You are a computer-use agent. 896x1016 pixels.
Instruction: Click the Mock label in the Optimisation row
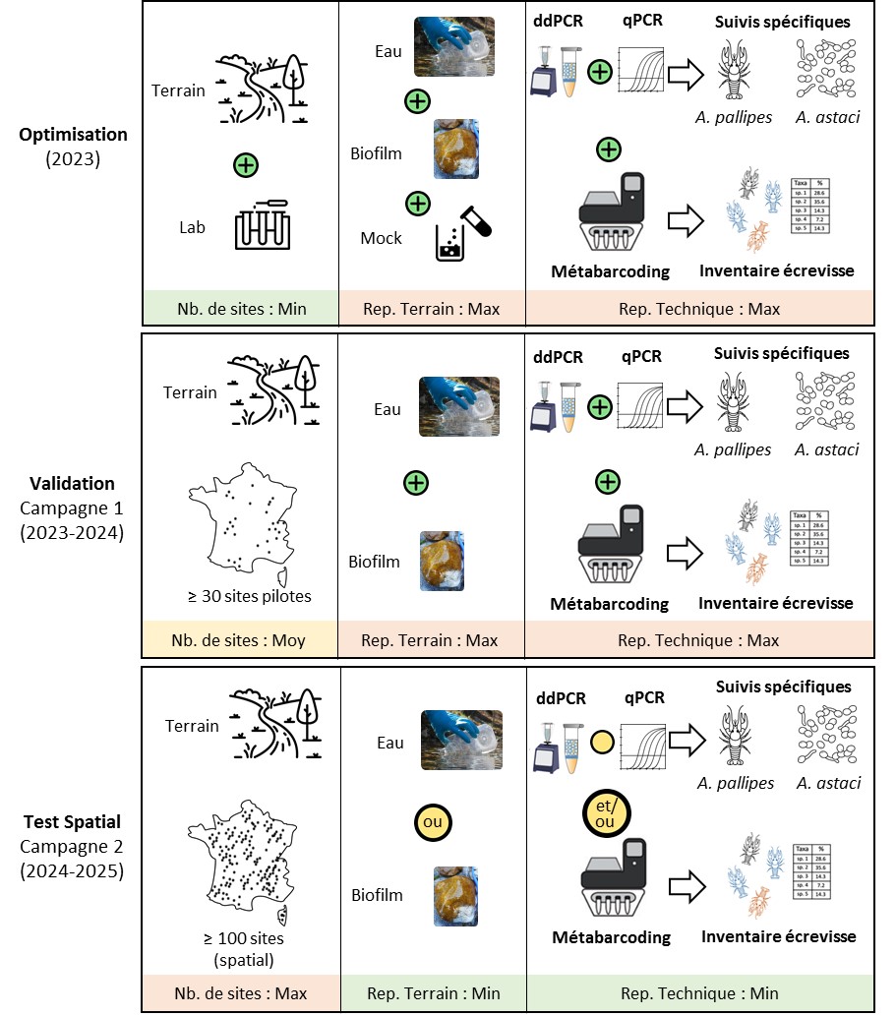coord(382,237)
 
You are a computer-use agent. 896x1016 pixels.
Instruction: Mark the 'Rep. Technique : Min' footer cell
coord(698,993)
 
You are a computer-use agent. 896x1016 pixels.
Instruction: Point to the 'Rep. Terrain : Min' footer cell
coord(431,993)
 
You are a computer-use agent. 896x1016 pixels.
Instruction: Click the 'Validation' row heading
coord(73,483)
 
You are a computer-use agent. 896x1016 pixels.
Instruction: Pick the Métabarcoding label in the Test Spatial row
coord(610,936)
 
